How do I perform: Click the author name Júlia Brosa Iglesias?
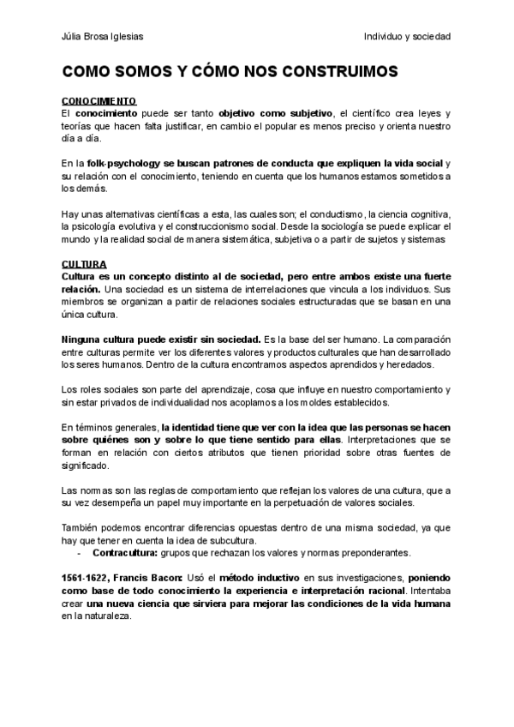(98, 37)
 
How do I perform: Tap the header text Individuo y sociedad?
(408, 37)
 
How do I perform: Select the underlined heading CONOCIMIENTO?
(99, 101)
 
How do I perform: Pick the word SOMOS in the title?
(145, 72)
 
